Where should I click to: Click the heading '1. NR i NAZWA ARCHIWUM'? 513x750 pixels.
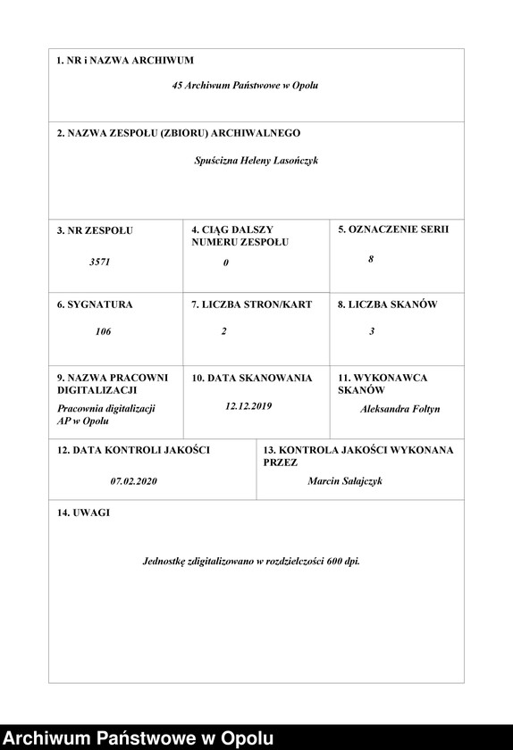pyautogui.click(x=125, y=61)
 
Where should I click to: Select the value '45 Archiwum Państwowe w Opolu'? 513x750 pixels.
pyautogui.click(x=245, y=87)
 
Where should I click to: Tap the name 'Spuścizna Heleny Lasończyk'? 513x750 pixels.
pyautogui.click(x=256, y=161)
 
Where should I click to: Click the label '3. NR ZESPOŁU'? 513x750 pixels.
pyautogui.click(x=95, y=230)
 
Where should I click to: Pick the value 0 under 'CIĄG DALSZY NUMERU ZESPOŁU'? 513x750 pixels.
pyautogui.click(x=226, y=262)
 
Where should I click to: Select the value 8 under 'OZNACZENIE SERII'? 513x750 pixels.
pyautogui.click(x=371, y=259)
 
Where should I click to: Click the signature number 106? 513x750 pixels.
pyautogui.click(x=103, y=331)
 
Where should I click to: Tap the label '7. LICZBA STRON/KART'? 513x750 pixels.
pyautogui.click(x=252, y=304)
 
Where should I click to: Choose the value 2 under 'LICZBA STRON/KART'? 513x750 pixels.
pyautogui.click(x=224, y=331)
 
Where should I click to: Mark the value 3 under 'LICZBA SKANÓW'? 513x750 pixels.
pyautogui.click(x=372, y=331)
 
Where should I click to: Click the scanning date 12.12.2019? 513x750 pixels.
pyautogui.click(x=248, y=406)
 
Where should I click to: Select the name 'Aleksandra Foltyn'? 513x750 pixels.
pyautogui.click(x=399, y=409)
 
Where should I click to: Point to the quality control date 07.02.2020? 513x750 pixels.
pyautogui.click(x=134, y=480)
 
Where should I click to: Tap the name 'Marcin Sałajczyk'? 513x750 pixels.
pyautogui.click(x=345, y=480)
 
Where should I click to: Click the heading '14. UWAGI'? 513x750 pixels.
pyautogui.click(x=83, y=512)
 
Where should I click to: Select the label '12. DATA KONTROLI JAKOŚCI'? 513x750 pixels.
pyautogui.click(x=133, y=450)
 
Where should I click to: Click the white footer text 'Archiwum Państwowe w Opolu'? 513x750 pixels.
pyautogui.click(x=139, y=738)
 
